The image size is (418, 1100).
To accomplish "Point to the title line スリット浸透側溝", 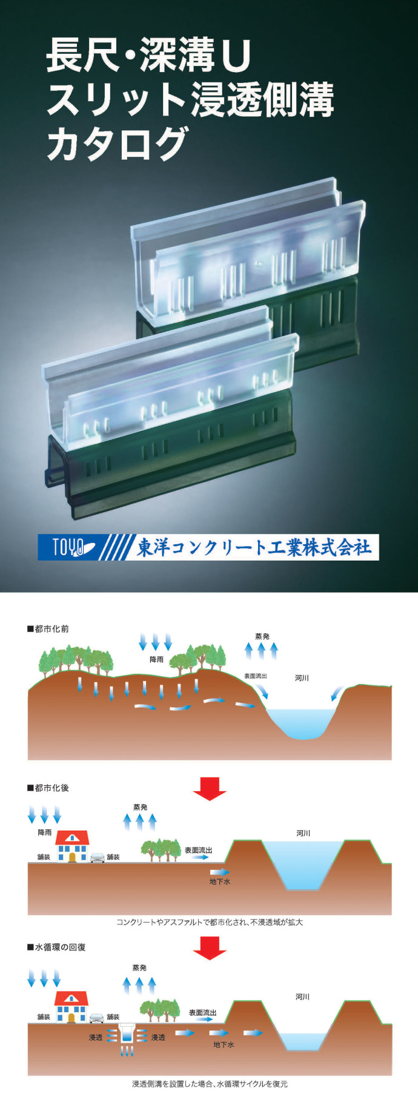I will click(190, 99).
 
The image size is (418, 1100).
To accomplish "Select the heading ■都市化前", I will click(48, 629).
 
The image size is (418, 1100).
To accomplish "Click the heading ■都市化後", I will click(48, 788).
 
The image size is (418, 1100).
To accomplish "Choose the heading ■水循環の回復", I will click(56, 947).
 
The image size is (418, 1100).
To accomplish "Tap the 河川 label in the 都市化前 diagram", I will click(302, 678).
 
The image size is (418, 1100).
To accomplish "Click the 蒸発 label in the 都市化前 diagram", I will click(262, 636).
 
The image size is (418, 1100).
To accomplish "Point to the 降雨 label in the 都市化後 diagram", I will click(45, 832).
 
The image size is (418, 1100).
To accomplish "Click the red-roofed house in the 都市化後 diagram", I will click(72, 846).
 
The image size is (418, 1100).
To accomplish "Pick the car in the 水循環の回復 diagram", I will click(96, 1018).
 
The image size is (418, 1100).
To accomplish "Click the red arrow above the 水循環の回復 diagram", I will click(210, 947).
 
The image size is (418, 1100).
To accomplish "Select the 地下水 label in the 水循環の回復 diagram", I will click(224, 1044).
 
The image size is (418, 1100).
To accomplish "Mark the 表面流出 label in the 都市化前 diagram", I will click(255, 676).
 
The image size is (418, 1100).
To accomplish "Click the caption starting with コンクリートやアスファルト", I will click(210, 922).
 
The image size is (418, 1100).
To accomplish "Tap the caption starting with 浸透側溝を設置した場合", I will click(210, 1084).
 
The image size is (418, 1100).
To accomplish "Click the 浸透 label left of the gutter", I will click(96, 1037).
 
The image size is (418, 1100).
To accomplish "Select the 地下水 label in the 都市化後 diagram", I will click(220, 881).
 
